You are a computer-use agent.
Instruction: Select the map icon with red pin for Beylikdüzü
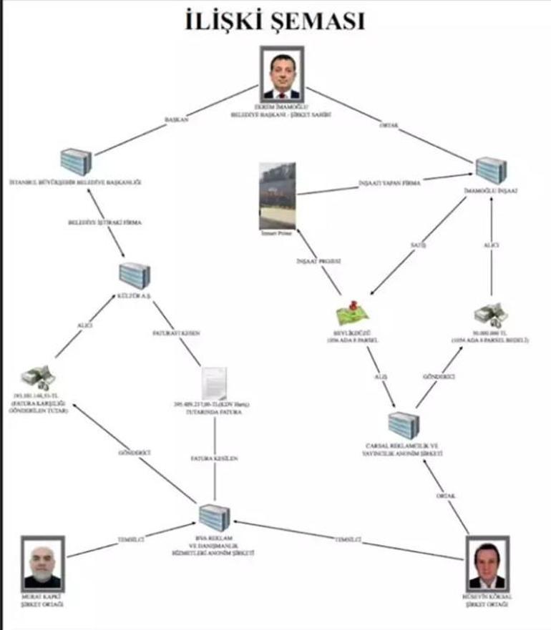[356, 315]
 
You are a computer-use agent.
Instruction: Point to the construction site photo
[277, 195]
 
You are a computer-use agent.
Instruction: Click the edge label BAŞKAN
[176, 119]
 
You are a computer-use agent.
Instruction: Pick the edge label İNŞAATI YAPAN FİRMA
[390, 184]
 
